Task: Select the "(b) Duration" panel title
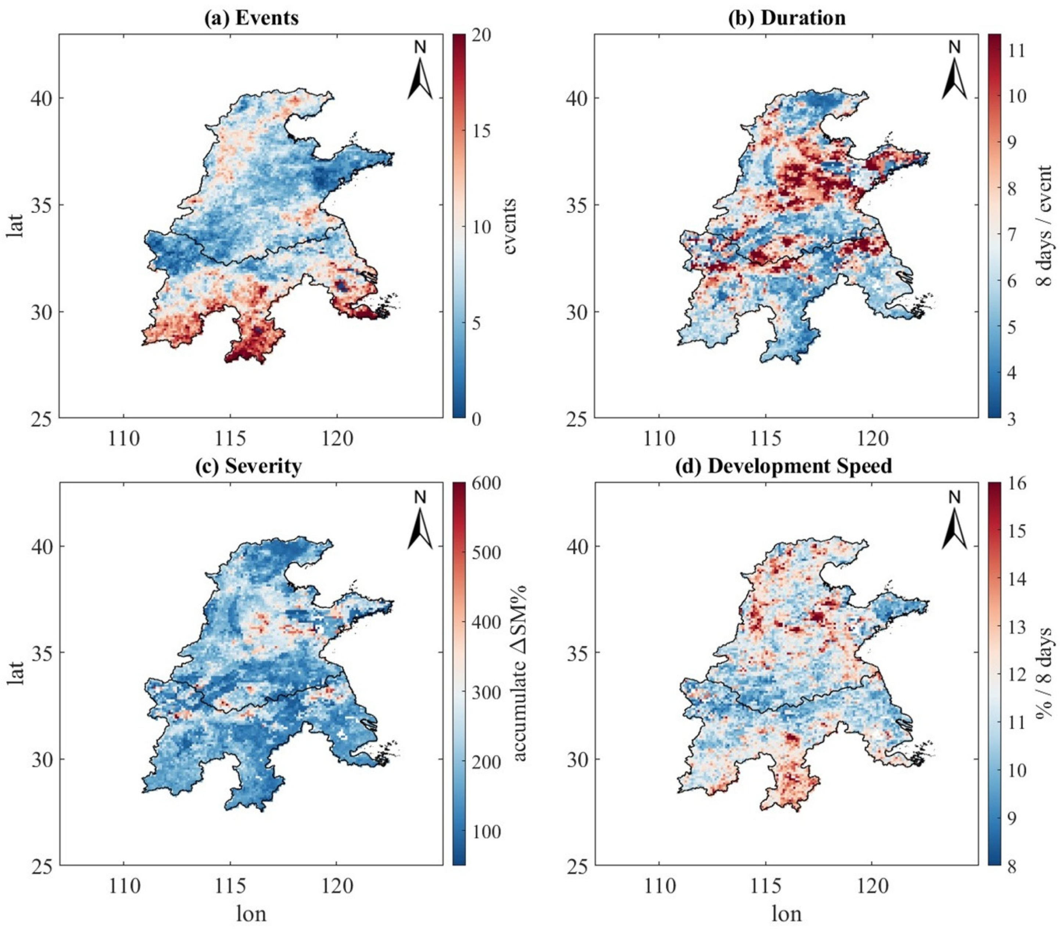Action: (787, 18)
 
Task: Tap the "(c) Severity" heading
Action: (248, 466)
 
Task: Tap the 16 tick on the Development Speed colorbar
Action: (1016, 483)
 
